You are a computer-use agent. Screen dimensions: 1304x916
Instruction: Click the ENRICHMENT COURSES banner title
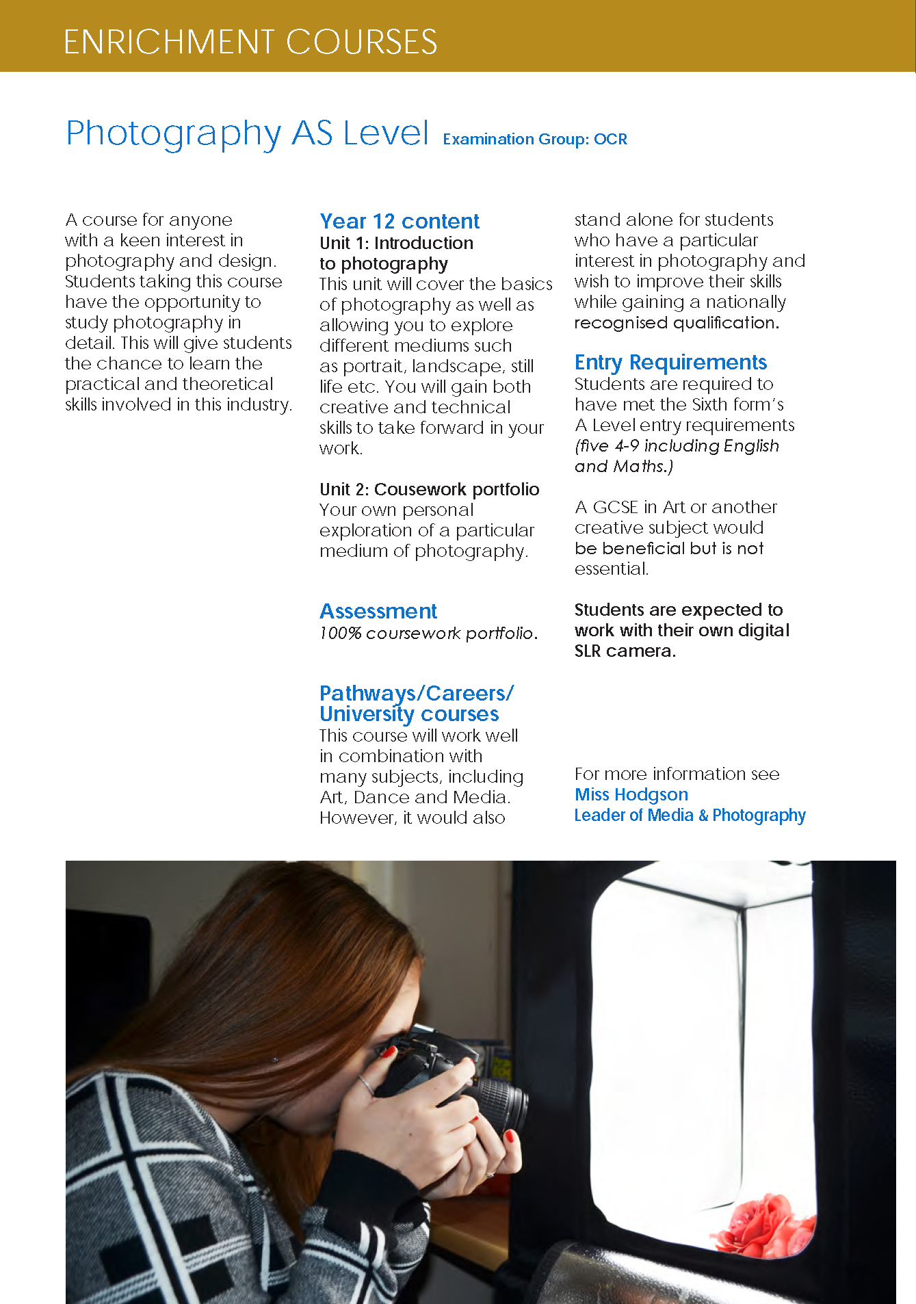pos(250,42)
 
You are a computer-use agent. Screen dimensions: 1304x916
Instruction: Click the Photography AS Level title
pos(247,133)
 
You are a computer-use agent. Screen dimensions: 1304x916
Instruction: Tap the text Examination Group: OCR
pos(535,140)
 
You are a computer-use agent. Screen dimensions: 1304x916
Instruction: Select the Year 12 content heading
pos(400,222)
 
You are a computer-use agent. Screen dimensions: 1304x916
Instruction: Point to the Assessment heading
pos(378,611)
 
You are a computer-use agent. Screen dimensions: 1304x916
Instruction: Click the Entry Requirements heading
pos(670,362)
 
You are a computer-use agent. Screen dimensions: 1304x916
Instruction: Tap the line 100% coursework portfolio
pos(428,634)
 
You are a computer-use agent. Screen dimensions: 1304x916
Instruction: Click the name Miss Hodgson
pos(631,794)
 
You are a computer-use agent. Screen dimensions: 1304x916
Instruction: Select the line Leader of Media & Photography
pos(690,816)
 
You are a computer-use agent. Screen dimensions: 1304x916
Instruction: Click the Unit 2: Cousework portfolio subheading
pos(429,489)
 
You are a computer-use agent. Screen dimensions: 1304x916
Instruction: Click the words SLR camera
pos(625,651)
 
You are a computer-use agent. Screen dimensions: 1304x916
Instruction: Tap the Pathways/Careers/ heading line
pos(416,693)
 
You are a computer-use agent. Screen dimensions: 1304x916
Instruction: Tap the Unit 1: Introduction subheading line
pos(396,243)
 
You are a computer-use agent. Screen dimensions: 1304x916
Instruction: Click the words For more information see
pos(677,774)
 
